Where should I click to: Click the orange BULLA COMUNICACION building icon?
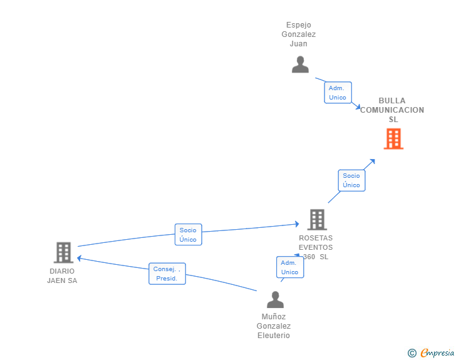coord(393,139)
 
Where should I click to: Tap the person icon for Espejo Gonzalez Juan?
coord(300,64)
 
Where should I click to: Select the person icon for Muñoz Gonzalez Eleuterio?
coord(275,299)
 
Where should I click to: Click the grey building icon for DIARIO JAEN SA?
coord(63,252)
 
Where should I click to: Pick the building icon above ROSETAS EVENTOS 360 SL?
coord(317,220)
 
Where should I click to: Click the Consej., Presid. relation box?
coord(167,274)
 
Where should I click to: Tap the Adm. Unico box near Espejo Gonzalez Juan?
coord(338,93)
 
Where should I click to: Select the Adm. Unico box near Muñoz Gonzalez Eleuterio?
coord(290,267)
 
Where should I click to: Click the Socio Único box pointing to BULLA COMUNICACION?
coord(351,180)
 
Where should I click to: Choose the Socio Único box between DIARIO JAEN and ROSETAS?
coord(188,234)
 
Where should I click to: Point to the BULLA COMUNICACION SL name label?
coord(392,110)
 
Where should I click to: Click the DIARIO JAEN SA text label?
coord(62,275)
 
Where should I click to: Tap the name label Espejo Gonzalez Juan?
coord(299,34)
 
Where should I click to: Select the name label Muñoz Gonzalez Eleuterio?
coord(274,326)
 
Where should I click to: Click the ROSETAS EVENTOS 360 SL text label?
coord(316,247)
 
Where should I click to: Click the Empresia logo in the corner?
coord(437,352)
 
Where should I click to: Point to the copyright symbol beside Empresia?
coord(412,353)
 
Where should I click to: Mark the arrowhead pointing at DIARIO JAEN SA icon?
coord(79,258)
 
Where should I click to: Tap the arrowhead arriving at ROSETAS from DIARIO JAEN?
coord(297,224)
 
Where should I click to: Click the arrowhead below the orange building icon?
coord(372,162)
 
